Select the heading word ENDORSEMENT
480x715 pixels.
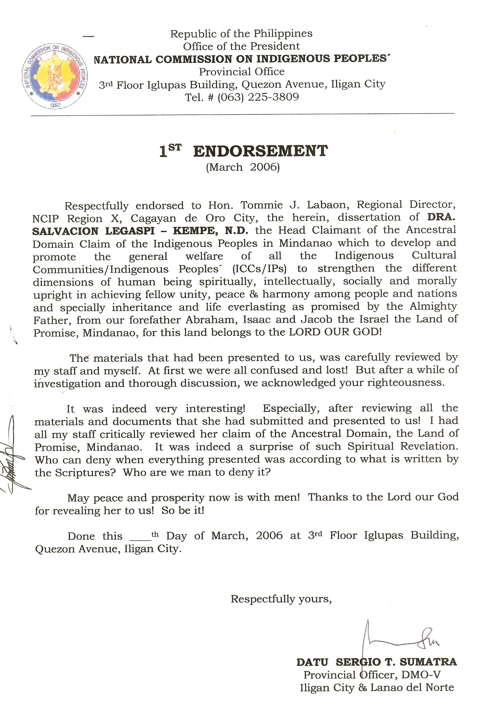click(260, 151)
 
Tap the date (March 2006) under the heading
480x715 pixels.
click(243, 167)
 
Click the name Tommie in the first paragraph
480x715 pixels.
click(256, 205)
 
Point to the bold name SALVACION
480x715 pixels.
click(65, 231)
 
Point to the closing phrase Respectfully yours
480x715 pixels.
click(281, 599)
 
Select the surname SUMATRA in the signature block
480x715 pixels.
click(428, 662)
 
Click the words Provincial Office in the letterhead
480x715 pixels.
click(241, 71)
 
